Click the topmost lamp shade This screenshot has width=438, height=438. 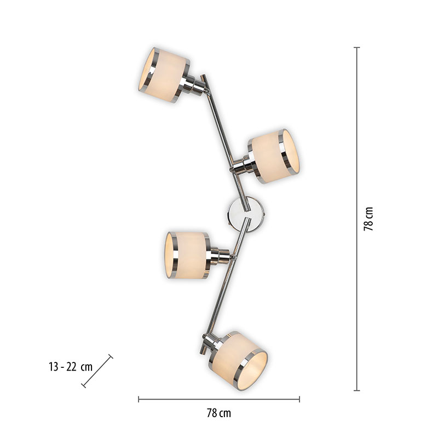pyautogui.click(x=164, y=75)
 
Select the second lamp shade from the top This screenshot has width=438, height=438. pyautogui.click(x=274, y=157)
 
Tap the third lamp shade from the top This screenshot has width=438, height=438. pyautogui.click(x=187, y=255)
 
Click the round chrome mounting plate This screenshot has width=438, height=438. pyautogui.click(x=246, y=214)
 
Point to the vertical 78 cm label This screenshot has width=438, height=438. pyautogui.click(x=368, y=219)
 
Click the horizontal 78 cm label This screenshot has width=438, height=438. pyautogui.click(x=219, y=413)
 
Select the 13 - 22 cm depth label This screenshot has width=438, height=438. pyautogui.click(x=71, y=367)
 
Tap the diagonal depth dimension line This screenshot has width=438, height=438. pyautogui.click(x=97, y=371)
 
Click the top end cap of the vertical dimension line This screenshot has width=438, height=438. pyautogui.click(x=357, y=48)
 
